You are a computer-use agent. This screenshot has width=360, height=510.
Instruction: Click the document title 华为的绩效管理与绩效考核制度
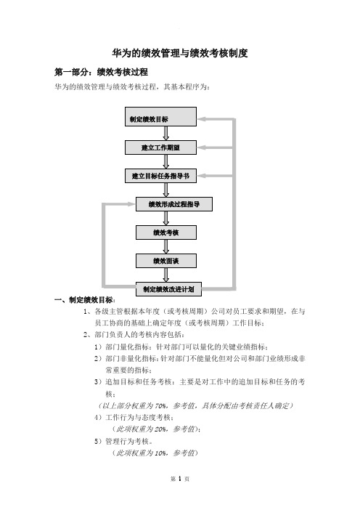coord(180,53)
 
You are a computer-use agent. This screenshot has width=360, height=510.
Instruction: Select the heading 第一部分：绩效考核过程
coord(101,72)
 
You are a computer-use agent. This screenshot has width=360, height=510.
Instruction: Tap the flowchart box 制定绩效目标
coord(160,116)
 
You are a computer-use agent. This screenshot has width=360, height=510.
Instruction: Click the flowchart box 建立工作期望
coord(160,147)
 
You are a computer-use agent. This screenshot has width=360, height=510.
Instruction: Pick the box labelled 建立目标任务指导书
coord(160,176)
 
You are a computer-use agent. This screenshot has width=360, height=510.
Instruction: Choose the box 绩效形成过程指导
coord(173,204)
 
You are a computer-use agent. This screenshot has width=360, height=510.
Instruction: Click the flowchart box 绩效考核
coord(166,232)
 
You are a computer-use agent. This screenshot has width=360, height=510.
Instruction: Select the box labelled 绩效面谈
coord(166,261)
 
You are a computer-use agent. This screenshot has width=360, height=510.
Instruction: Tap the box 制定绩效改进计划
coord(168,289)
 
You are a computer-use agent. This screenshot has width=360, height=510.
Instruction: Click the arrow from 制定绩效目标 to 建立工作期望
coord(166,134)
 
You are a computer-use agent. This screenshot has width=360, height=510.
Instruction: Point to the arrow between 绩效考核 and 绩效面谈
coord(166,246)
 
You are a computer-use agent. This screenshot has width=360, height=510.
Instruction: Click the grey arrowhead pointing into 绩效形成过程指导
coord(131,204)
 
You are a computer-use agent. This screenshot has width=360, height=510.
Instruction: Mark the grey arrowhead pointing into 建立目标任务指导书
coord(201,176)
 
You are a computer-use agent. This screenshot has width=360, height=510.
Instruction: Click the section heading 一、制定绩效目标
coord(83,300)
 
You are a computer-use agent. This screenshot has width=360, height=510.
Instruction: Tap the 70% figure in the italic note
coord(160,405)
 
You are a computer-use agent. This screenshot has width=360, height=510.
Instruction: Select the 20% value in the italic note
coord(160,429)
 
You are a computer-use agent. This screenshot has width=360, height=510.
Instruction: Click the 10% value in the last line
coord(160,453)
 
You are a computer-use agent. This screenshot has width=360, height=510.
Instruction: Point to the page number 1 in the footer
coord(180,479)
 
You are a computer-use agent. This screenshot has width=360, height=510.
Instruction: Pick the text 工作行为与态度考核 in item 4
coord(138,417)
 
